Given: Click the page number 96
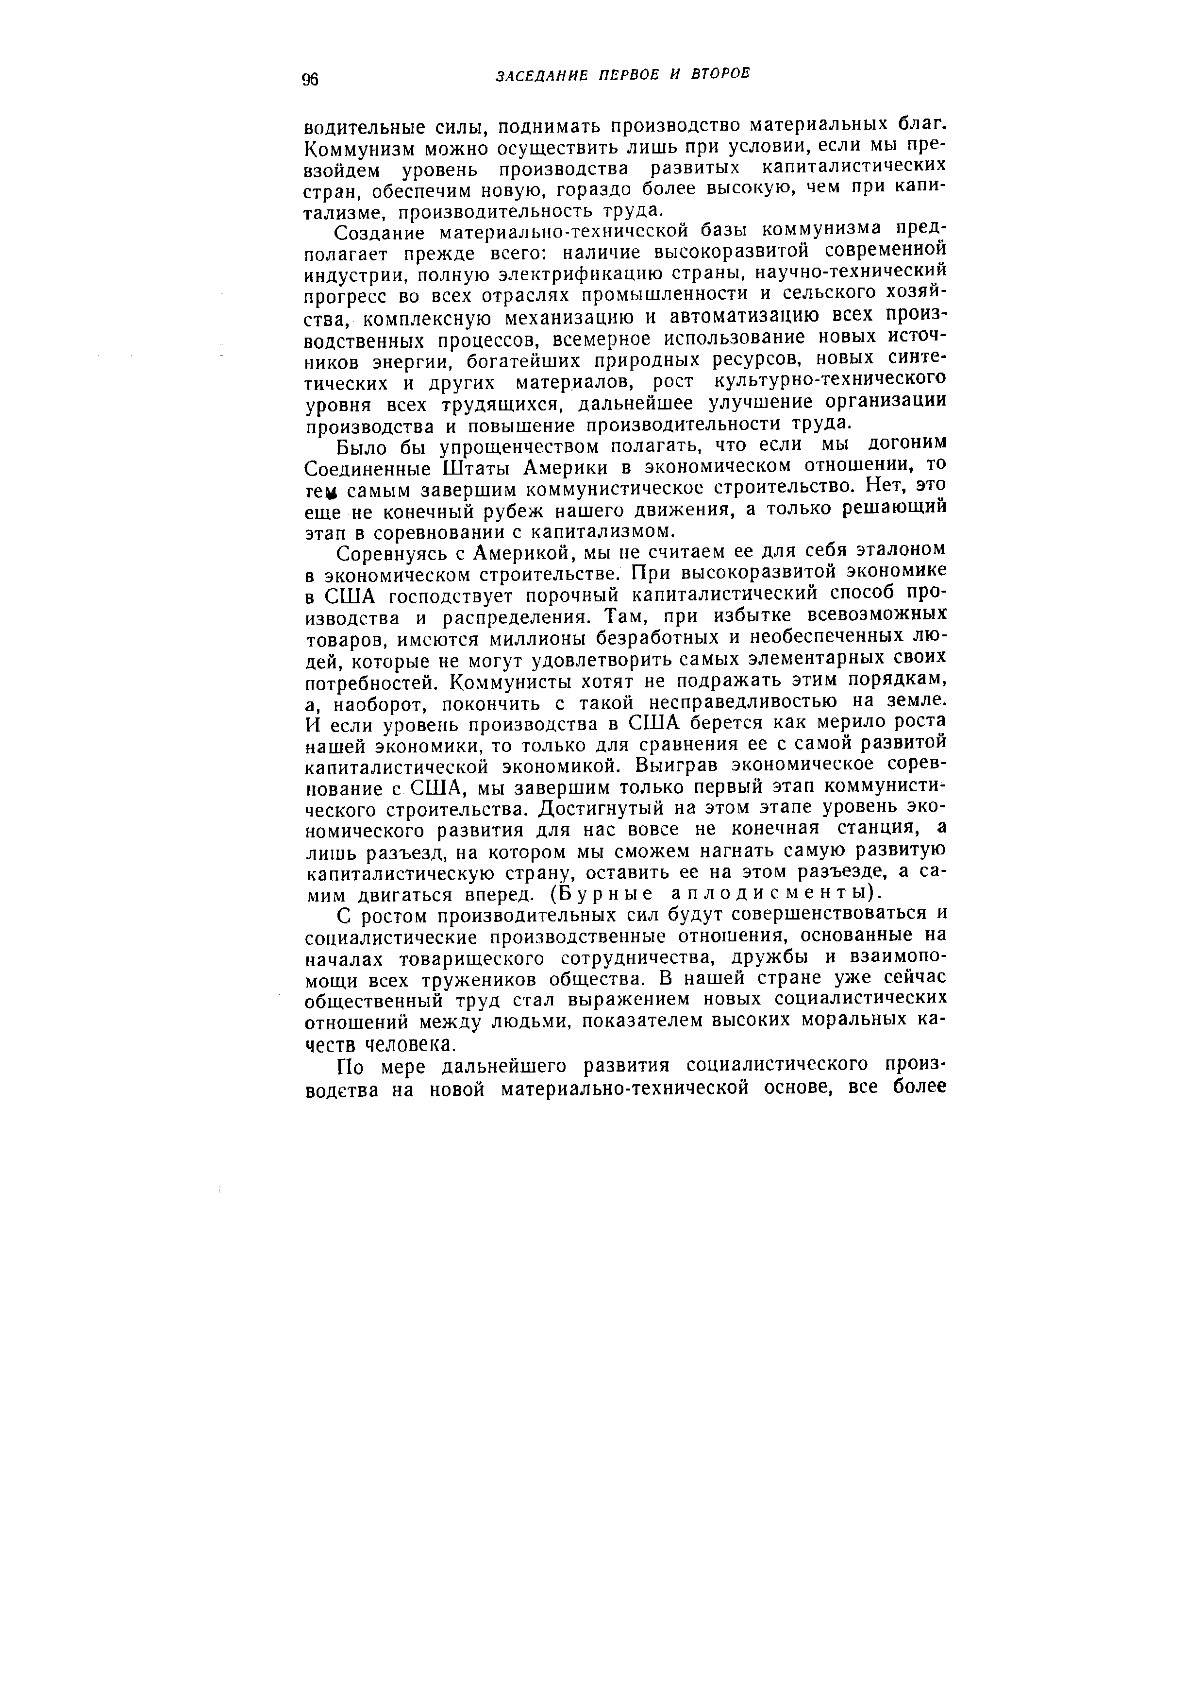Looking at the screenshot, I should pyautogui.click(x=309, y=79).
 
